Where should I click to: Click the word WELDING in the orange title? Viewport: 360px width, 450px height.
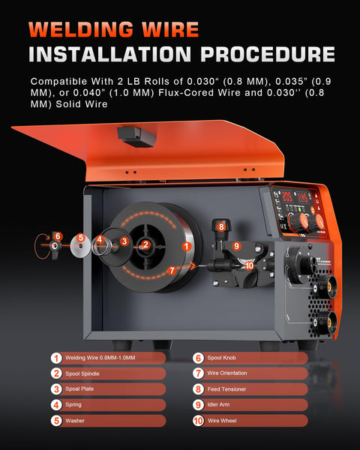point(81,30)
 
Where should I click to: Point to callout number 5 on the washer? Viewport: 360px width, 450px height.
point(79,239)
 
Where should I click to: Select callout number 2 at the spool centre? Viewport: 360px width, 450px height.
point(146,244)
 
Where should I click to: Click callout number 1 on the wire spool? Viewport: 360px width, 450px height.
point(184,236)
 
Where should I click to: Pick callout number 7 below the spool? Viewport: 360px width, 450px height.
point(172,270)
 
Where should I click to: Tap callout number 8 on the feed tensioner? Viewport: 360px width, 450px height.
point(220,226)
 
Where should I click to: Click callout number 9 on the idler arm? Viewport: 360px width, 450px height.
point(236,245)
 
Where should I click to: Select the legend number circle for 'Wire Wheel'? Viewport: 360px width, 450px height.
point(199,421)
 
